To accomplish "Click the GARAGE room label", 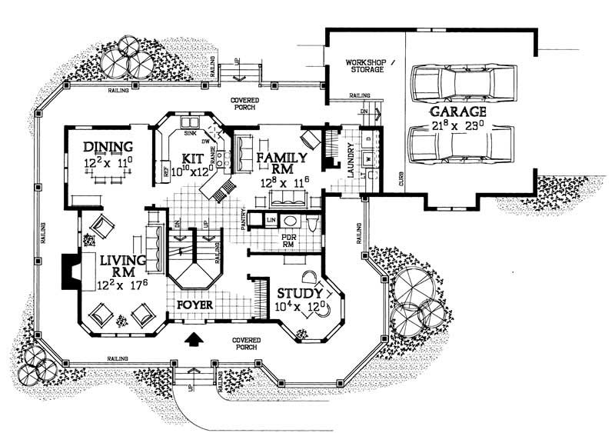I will tap(462, 112).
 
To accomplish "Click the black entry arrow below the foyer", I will tap(192, 336).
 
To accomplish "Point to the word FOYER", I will tap(194, 305).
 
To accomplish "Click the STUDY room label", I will tap(298, 293).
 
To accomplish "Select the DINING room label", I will tap(108, 147).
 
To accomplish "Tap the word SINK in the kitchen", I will tap(189, 133).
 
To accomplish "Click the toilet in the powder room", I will tap(312, 224).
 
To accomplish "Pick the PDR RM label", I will tap(289, 241).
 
